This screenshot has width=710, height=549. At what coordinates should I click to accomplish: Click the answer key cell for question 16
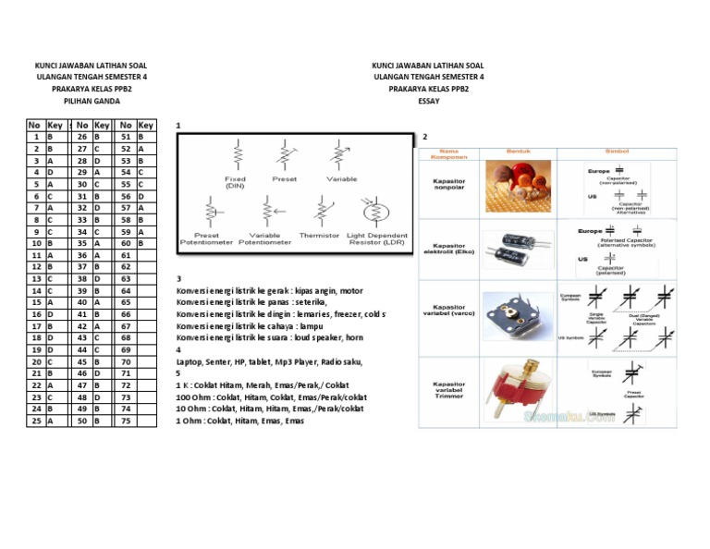(x=55, y=314)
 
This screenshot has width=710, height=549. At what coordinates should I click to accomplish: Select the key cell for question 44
(x=101, y=349)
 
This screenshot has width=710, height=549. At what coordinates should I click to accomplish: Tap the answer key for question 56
(x=145, y=197)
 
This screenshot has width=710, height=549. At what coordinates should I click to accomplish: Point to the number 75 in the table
(x=126, y=420)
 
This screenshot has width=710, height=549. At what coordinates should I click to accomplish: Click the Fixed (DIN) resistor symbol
(x=237, y=153)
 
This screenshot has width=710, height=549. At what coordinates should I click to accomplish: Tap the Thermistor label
(x=319, y=236)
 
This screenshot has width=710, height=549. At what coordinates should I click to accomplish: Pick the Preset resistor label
(x=284, y=178)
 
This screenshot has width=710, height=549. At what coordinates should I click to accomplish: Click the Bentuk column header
(x=518, y=151)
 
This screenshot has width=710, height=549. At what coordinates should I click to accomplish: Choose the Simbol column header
(x=617, y=151)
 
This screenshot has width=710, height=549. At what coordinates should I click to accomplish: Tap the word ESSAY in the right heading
(x=428, y=101)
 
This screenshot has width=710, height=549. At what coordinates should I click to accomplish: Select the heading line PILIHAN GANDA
(x=92, y=101)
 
